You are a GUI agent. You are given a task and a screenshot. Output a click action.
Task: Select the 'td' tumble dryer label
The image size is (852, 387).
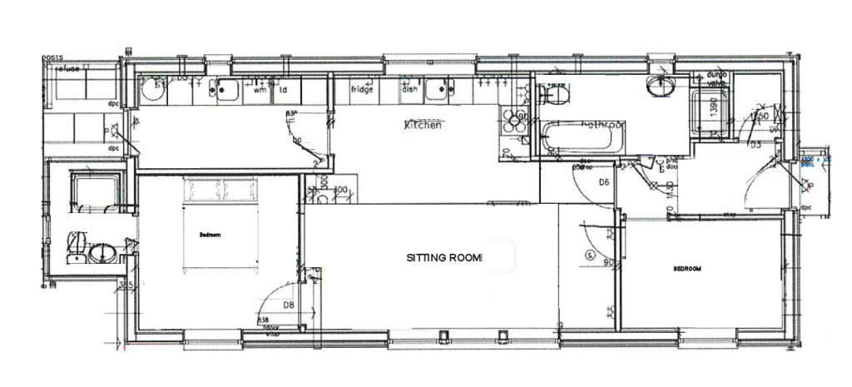[x=283, y=90]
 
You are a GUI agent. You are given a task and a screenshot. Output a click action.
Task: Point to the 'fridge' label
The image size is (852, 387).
[x=362, y=89]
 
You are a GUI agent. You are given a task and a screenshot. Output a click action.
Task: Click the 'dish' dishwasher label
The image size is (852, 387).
[x=409, y=89]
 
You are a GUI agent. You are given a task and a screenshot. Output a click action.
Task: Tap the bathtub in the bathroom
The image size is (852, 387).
[x=581, y=138]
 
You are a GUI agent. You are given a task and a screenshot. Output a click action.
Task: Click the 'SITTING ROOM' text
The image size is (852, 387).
[x=444, y=258]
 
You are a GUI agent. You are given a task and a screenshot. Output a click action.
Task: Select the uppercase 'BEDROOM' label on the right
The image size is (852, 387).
[x=687, y=269]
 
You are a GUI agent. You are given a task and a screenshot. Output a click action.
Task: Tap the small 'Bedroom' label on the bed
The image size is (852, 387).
[x=210, y=236]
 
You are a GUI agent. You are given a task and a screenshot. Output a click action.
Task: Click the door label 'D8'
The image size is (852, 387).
[x=288, y=305]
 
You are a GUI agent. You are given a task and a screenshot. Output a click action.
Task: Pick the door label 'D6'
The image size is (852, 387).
[x=605, y=182]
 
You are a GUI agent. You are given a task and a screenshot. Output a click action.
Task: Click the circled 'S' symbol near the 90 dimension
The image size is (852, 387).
[x=590, y=254]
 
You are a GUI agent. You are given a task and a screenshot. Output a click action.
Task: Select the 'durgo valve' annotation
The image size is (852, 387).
[x=717, y=78]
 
